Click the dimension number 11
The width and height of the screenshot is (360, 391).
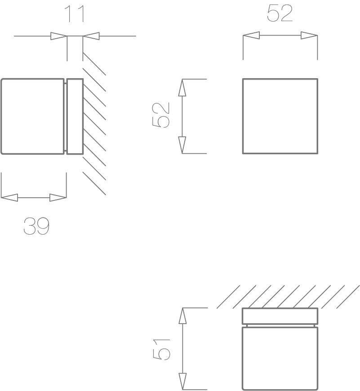pyautogui.click(x=75, y=14)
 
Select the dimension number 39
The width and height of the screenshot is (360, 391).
pyautogui.click(x=36, y=226)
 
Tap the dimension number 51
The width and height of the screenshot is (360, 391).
pyautogui.click(x=161, y=349)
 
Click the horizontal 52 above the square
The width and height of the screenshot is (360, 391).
pyautogui.click(x=280, y=13)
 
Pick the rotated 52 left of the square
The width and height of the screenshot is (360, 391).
pyautogui.click(x=161, y=115)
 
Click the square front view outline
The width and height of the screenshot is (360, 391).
pyautogui.click(x=280, y=79)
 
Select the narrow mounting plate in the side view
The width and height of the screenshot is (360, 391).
pyautogui.click(x=75, y=117)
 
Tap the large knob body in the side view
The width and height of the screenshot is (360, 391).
pyautogui.click(x=33, y=116)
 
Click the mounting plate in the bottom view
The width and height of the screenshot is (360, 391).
pyautogui.click(x=280, y=316)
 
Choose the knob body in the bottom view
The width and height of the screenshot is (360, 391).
pyautogui.click(x=280, y=359)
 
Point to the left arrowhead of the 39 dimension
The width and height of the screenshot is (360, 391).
pyautogui.click(x=9, y=198)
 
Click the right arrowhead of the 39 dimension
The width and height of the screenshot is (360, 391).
pyautogui.click(x=58, y=198)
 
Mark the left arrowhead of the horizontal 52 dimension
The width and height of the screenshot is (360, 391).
pyautogui.click(x=251, y=36)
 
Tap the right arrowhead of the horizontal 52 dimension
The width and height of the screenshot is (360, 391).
pyautogui.click(x=309, y=36)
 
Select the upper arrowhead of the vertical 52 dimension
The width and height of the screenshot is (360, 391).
pyautogui.click(x=182, y=88)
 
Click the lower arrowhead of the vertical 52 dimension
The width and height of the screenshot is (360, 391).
pyautogui.click(x=182, y=145)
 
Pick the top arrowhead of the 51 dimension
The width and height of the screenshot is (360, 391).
pyautogui.click(x=183, y=316)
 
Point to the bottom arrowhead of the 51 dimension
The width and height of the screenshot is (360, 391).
pyautogui.click(x=183, y=382)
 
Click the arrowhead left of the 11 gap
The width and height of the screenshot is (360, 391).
pyautogui.click(x=59, y=36)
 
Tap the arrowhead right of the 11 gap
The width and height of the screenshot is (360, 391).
pyautogui.click(x=91, y=36)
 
